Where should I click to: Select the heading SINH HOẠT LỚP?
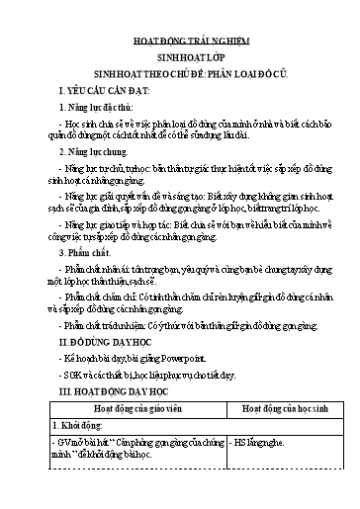(180, 59)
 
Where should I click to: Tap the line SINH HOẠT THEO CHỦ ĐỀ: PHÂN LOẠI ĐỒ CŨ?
(180, 73)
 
